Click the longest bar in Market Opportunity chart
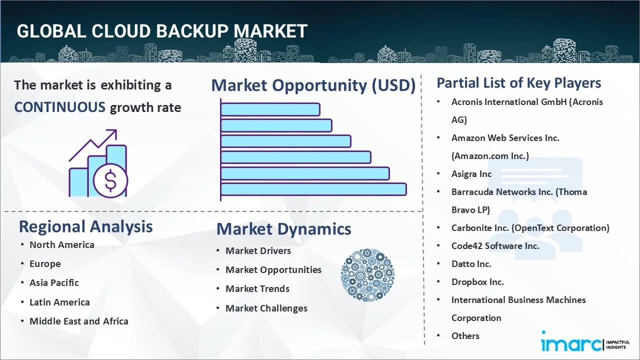(x=313, y=189)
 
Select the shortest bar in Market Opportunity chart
(x=270, y=109)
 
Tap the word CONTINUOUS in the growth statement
(x=59, y=107)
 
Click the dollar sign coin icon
(x=110, y=180)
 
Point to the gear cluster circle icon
(x=367, y=275)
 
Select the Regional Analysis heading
(x=85, y=226)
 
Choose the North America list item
(x=61, y=244)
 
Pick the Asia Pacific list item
(x=54, y=282)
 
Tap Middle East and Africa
(x=78, y=321)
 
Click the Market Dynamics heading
(x=283, y=229)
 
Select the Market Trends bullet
(x=257, y=288)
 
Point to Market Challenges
(x=266, y=308)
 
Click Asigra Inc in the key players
(x=471, y=174)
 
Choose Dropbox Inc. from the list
(x=477, y=282)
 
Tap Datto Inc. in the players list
(x=471, y=264)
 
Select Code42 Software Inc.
(x=495, y=246)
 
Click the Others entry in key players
(x=465, y=336)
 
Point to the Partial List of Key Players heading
(x=518, y=82)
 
